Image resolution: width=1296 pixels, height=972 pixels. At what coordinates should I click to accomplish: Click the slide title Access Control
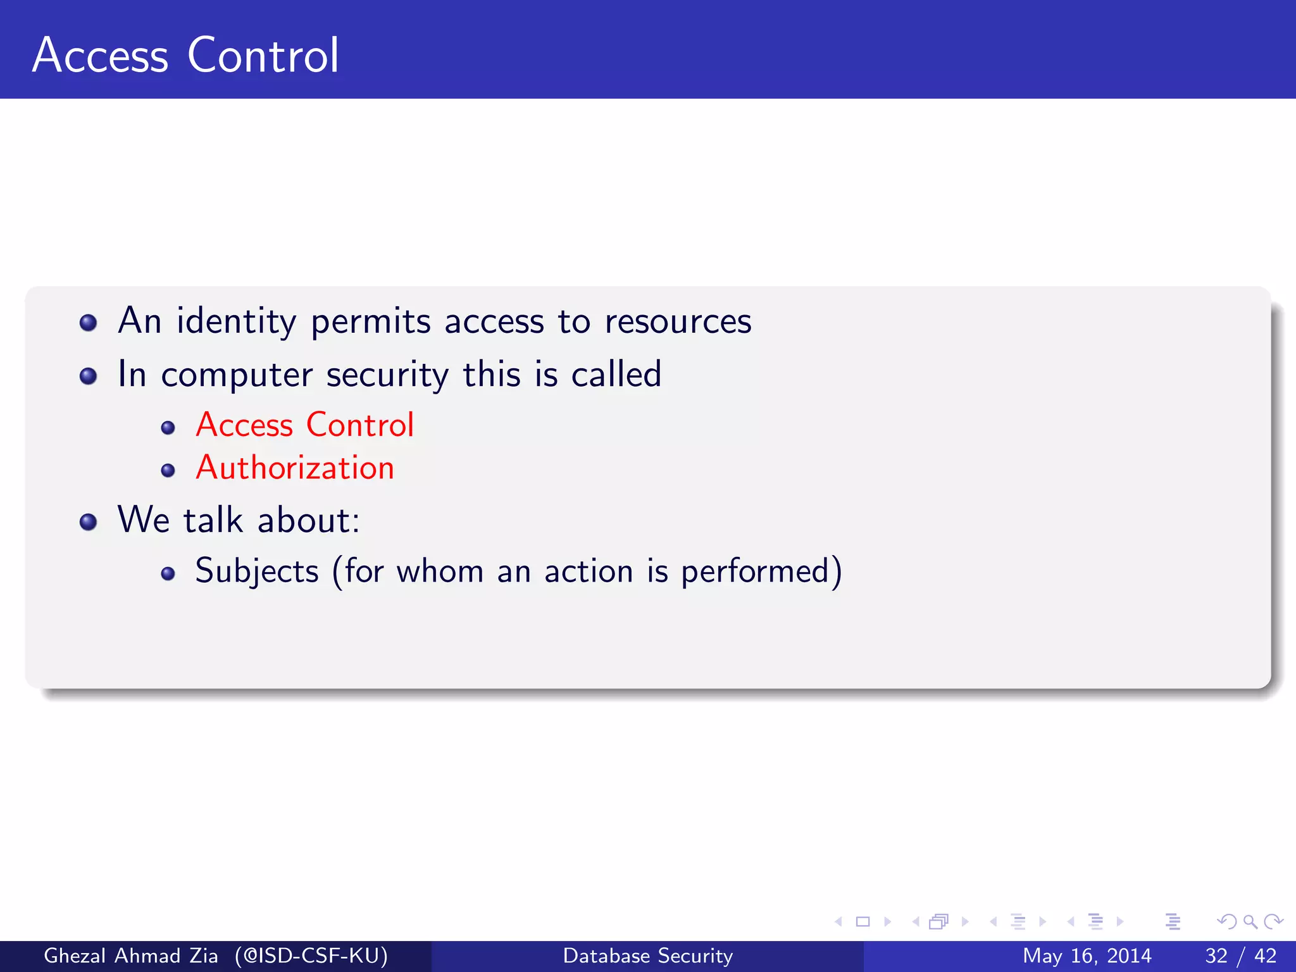185,56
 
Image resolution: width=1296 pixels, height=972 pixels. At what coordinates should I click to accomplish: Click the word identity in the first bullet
236,321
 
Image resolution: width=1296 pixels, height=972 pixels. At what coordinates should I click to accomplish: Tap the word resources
678,321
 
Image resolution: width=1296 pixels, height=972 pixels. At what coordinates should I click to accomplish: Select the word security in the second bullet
387,375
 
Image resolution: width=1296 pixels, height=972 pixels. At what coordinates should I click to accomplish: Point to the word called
616,375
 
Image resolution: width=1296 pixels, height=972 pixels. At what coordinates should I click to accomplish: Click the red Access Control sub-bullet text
305,425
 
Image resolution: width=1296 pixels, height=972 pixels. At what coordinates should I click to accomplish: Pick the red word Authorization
295,468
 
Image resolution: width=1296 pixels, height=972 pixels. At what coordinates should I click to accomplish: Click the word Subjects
257,571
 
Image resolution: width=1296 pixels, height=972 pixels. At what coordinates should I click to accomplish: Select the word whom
440,571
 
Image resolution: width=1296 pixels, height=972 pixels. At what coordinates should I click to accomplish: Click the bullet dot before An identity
89,323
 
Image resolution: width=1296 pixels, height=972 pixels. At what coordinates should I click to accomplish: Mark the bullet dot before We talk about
89,522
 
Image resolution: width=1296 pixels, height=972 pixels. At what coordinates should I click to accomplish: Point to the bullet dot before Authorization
168,471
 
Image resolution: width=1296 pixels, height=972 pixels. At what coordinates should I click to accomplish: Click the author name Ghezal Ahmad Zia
131,956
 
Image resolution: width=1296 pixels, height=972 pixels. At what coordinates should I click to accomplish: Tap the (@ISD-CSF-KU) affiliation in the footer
311,956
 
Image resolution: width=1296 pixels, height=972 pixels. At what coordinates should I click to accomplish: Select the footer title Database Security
648,956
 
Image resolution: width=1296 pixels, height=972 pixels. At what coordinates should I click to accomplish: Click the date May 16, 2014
1087,956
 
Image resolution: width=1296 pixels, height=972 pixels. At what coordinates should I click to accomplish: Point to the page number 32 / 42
1240,956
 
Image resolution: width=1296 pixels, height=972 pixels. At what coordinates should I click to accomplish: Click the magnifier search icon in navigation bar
1250,922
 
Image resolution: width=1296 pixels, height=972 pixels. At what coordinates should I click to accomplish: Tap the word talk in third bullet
213,521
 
